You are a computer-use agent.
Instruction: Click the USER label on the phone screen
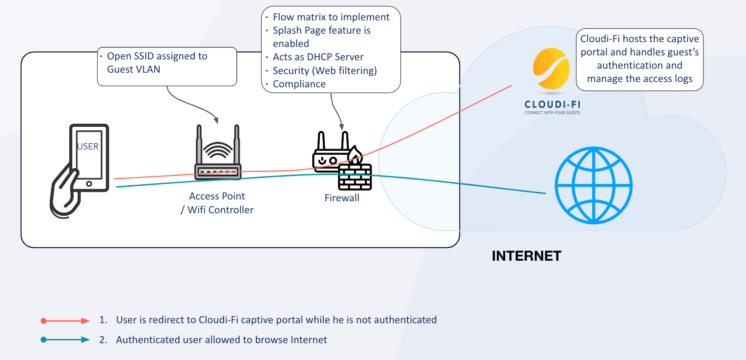(88, 146)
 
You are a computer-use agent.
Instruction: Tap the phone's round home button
(89, 184)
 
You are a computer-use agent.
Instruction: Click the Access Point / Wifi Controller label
(217, 203)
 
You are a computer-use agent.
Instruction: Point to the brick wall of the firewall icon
(355, 177)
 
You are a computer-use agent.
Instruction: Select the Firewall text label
(342, 198)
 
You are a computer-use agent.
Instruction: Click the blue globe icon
(593, 185)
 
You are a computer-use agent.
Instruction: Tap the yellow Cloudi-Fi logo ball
(551, 69)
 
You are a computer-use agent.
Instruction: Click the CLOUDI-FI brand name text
(552, 105)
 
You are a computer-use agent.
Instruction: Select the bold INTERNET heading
(526, 256)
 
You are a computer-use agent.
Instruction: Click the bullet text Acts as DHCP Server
(318, 57)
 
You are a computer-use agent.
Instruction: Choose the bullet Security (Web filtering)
(325, 70)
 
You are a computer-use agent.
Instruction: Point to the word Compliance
(299, 84)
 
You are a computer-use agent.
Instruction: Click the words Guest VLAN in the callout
(133, 70)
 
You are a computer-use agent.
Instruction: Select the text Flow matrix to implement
(331, 17)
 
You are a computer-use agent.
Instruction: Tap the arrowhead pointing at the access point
(216, 120)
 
